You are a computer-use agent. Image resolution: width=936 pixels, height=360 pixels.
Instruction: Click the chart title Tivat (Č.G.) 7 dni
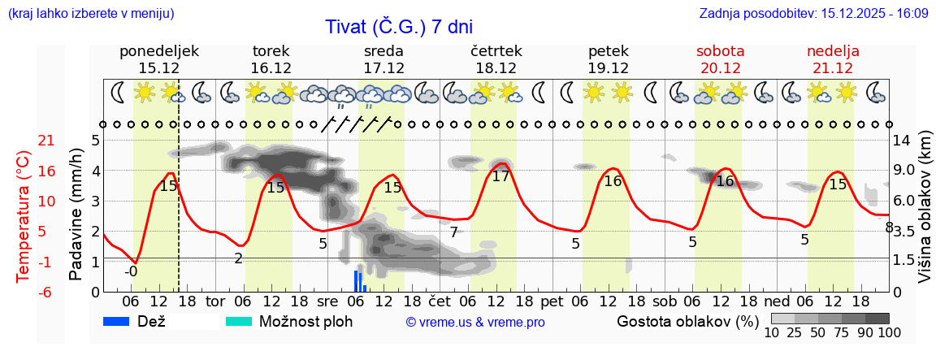(x=398, y=26)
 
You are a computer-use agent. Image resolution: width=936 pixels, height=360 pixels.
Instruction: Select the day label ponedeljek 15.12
(x=159, y=59)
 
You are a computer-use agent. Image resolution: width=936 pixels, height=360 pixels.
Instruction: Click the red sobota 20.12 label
(x=721, y=59)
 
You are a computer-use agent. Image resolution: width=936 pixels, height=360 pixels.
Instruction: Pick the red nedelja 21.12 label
(x=833, y=59)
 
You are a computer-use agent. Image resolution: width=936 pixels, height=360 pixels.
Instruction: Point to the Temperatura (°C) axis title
(x=23, y=216)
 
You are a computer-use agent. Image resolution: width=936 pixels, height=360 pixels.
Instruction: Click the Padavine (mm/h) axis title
(x=76, y=215)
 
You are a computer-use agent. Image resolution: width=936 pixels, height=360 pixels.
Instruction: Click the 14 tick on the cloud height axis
(x=901, y=140)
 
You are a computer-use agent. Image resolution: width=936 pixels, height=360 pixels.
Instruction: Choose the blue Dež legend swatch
(x=122, y=321)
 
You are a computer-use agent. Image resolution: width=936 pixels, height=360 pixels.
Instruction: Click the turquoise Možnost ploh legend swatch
(x=239, y=321)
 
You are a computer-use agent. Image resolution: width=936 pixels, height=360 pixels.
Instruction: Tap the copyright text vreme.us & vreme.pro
(x=475, y=323)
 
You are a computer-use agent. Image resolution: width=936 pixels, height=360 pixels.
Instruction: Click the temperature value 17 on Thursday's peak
(x=500, y=176)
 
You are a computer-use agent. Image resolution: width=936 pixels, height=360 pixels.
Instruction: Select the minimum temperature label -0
(x=131, y=271)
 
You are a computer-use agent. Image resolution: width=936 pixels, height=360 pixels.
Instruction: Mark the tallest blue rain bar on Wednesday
(x=356, y=280)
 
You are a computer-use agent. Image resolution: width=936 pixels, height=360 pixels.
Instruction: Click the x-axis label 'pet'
(x=552, y=301)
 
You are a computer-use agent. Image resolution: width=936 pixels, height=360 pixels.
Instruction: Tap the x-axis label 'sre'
(x=328, y=301)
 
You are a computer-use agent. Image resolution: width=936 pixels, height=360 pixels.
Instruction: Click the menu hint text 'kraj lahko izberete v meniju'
(x=90, y=14)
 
